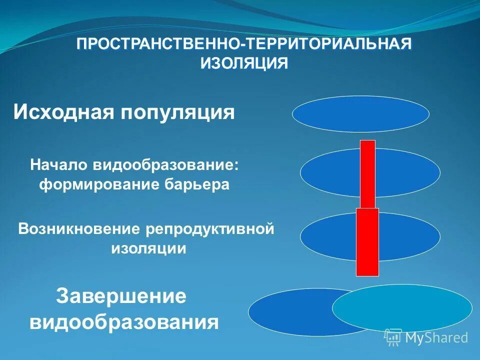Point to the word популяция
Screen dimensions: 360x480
point(177,112)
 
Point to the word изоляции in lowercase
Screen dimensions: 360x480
point(148,248)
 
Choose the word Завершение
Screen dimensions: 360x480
point(121,296)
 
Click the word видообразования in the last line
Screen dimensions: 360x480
point(124,322)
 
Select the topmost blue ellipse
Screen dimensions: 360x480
point(360,113)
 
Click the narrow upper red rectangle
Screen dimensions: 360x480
point(367,172)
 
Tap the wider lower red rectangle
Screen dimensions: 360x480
point(367,242)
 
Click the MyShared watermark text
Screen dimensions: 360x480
point(436,337)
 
